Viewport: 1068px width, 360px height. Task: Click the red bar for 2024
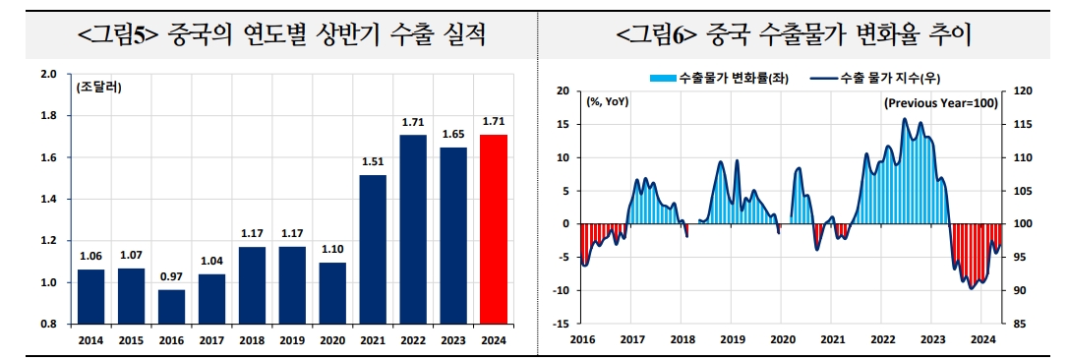coord(493,229)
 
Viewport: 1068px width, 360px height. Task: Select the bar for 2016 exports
coord(171,306)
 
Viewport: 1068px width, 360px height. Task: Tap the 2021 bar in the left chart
coord(373,249)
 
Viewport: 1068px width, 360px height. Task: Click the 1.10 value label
coord(332,251)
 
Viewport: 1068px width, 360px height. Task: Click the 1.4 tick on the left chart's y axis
coord(49,200)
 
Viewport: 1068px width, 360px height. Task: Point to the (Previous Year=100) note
coord(940,102)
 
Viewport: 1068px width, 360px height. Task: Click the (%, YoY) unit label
coord(608,101)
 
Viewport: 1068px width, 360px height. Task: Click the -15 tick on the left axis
coord(561,324)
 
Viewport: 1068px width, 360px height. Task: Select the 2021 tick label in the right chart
coord(832,338)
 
